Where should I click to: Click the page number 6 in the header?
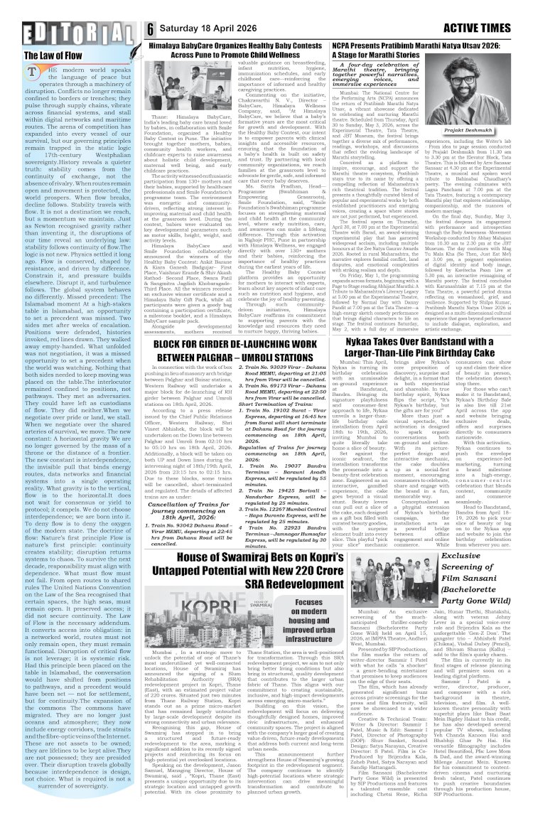(x=151, y=28)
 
